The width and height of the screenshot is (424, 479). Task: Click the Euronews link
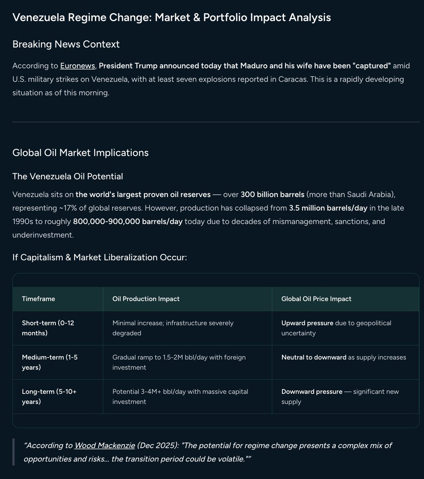pos(77,65)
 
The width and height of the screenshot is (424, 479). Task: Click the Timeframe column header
pos(38,299)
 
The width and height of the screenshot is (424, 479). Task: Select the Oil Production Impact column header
pos(146,299)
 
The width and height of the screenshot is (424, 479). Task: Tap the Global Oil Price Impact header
pos(316,299)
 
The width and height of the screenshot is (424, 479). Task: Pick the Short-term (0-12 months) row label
pos(48,328)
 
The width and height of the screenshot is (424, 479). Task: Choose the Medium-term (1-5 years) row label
pos(49,362)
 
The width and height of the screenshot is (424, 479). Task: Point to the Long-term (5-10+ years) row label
pos(49,396)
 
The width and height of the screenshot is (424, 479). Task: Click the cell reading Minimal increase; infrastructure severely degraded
pos(173,328)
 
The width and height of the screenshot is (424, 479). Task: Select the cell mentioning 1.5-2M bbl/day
pos(179,362)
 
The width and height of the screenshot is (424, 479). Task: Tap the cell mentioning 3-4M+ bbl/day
pos(180,396)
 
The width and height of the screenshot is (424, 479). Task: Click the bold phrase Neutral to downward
pos(314,357)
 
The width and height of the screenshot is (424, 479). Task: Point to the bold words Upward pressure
pos(307,323)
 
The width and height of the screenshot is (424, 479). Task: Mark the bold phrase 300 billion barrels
pos(272,194)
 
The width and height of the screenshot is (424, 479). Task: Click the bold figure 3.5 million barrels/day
pos(328,208)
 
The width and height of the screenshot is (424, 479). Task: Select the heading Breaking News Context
pos(66,44)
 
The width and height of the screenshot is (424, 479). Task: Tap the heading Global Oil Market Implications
pos(80,152)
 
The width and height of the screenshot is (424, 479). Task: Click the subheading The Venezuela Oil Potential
pos(67,176)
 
